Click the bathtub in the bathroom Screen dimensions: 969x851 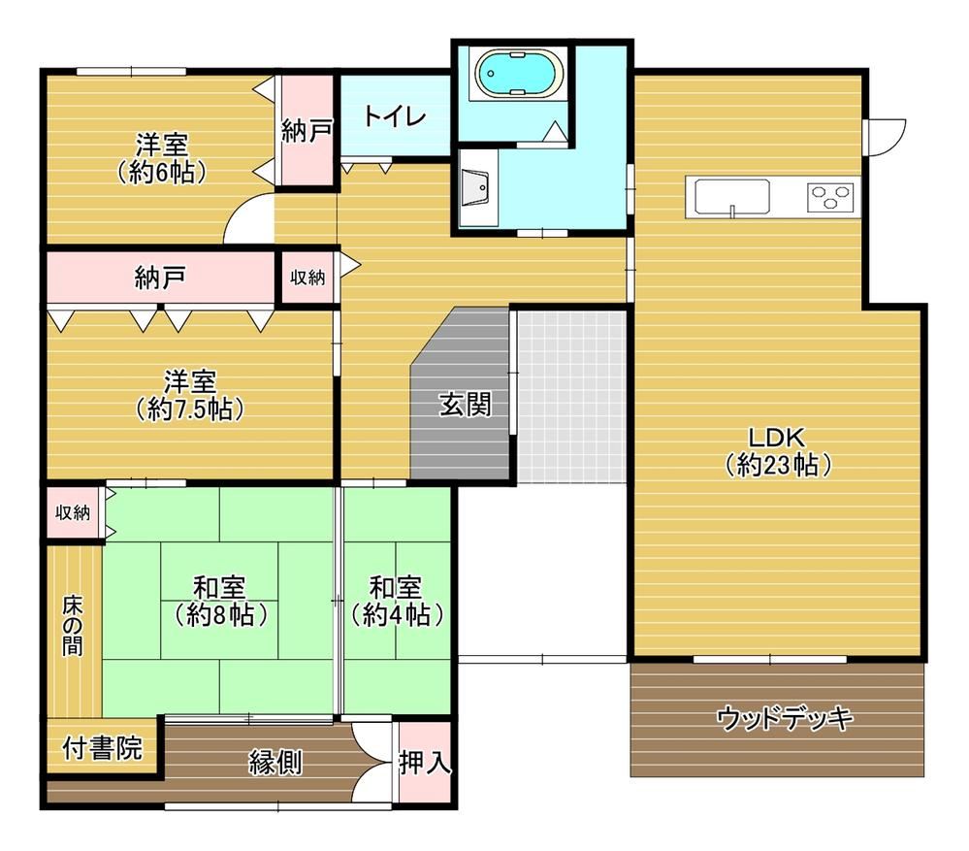(x=519, y=74)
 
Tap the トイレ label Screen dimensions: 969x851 (x=395, y=115)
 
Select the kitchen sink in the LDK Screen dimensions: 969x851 (x=732, y=198)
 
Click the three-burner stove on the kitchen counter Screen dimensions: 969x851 (x=830, y=198)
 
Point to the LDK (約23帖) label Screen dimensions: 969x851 (x=777, y=451)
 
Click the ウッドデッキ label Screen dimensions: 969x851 (x=785, y=718)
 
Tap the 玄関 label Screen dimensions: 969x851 (x=466, y=405)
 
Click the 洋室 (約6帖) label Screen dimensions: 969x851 (x=162, y=159)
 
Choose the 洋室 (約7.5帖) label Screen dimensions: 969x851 (x=189, y=395)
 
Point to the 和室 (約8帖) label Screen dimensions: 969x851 (x=219, y=601)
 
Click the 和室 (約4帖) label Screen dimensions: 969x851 (x=396, y=601)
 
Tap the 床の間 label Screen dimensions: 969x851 (x=73, y=626)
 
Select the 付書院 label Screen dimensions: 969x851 (x=103, y=748)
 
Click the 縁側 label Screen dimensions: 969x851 (x=275, y=763)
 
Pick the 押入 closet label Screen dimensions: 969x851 (x=425, y=763)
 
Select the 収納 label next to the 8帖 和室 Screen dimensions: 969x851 (x=73, y=512)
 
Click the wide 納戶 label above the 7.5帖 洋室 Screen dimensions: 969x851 (x=161, y=278)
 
